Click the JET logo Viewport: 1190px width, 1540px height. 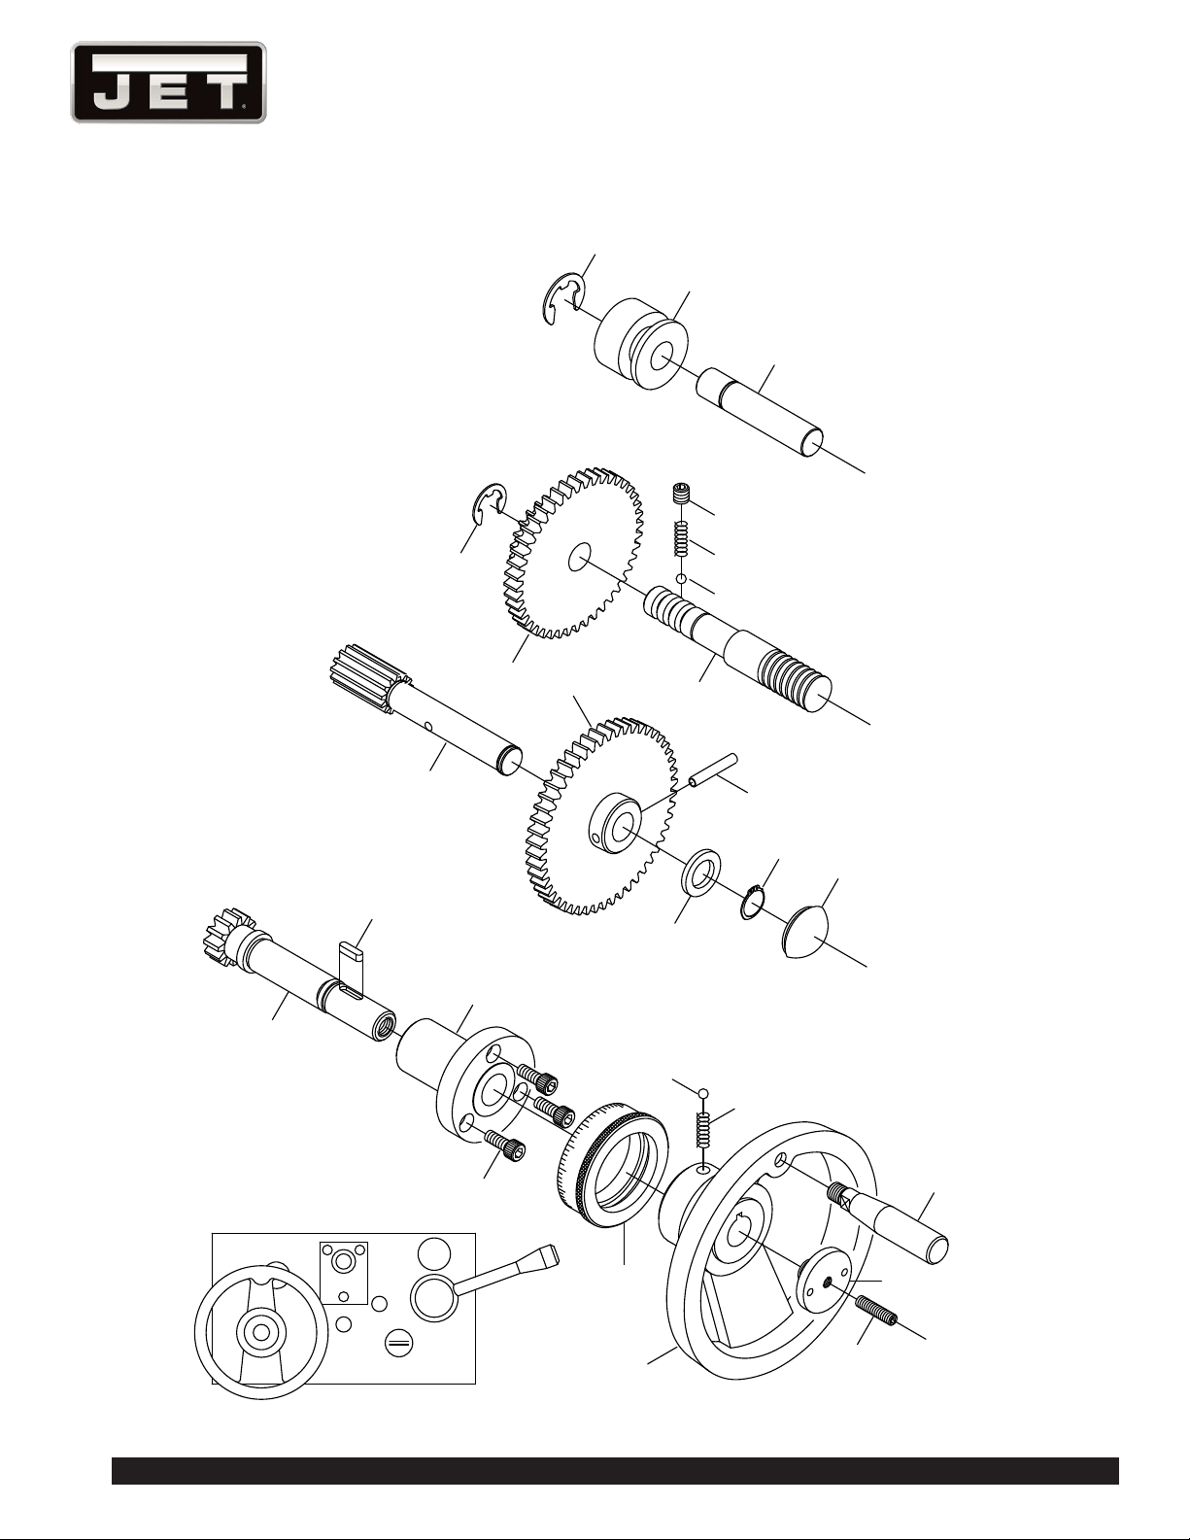coord(169,83)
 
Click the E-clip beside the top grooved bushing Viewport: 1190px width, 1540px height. coord(564,300)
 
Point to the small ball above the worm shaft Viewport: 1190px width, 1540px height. coord(681,579)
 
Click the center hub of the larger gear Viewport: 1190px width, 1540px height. coord(616,820)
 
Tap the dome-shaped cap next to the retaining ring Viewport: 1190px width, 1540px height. coord(806,931)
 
